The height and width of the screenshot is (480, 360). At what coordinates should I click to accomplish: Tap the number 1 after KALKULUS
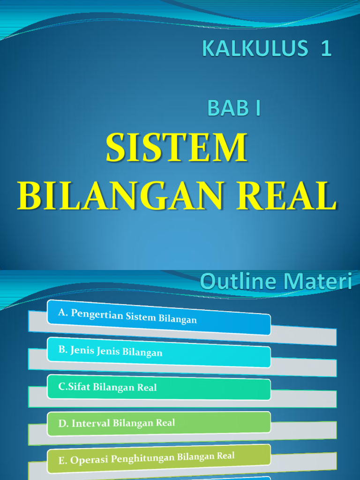(326, 49)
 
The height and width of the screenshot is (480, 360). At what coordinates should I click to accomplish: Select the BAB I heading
(233, 108)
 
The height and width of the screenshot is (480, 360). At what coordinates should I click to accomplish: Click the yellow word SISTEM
(176, 149)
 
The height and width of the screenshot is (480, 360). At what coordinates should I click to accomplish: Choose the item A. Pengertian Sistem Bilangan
(127, 316)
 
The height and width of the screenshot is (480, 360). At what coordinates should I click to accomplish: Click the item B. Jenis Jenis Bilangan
(111, 351)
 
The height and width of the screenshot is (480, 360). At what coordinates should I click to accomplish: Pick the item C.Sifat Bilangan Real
(107, 388)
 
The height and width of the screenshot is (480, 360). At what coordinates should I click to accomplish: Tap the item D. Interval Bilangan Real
(117, 423)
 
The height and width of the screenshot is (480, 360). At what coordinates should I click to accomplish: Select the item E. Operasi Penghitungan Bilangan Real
(146, 458)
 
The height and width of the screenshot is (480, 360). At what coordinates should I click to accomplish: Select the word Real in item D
(165, 422)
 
